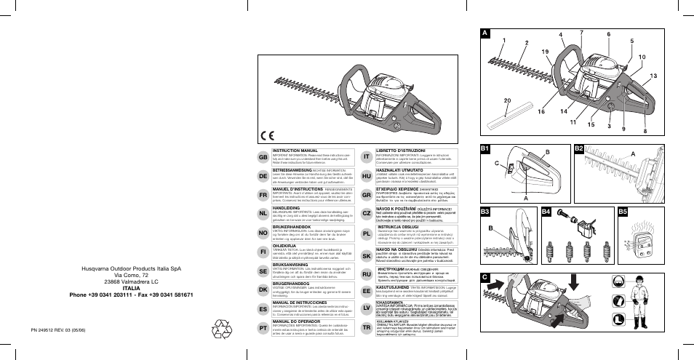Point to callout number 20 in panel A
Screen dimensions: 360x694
coord(506,100)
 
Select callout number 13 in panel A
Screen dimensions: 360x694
coord(653,76)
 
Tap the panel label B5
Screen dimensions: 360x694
coord(623,212)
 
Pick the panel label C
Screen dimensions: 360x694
coord(485,276)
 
